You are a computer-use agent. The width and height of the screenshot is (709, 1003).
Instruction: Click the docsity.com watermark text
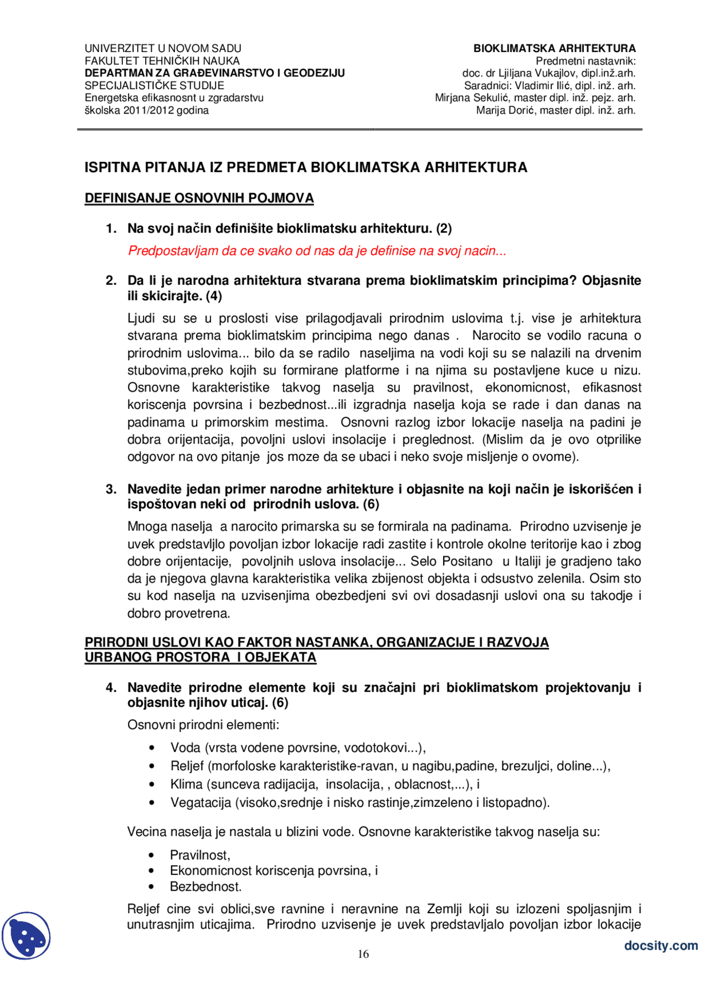pos(660,945)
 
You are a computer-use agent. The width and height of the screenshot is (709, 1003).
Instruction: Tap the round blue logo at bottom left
pos(26,935)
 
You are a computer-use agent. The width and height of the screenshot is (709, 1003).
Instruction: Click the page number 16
pos(363,954)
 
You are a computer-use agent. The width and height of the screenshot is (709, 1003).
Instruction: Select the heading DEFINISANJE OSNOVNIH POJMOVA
pos(199,198)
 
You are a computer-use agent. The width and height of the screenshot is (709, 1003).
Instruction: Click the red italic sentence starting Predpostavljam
pos(317,251)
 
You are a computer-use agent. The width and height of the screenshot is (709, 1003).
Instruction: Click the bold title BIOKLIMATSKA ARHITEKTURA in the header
pos(554,48)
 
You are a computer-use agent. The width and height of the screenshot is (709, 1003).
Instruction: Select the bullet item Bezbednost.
pos(205,887)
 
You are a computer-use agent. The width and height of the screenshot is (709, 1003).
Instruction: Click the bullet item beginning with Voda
pos(297,748)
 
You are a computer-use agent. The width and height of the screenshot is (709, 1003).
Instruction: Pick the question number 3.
pos(111,489)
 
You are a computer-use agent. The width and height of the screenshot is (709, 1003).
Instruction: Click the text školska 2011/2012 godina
pos(146,110)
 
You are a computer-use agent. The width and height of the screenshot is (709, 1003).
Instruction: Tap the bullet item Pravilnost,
pos(200,855)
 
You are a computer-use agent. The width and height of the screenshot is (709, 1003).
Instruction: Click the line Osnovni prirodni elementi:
pos(203,725)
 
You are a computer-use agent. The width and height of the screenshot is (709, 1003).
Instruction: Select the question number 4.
pos(111,688)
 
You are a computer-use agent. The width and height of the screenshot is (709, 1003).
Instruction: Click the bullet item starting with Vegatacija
pos(359,803)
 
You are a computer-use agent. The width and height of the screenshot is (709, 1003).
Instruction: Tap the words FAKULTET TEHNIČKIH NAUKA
pos(162,61)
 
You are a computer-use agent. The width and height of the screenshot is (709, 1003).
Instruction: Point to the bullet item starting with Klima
pos(325,784)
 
